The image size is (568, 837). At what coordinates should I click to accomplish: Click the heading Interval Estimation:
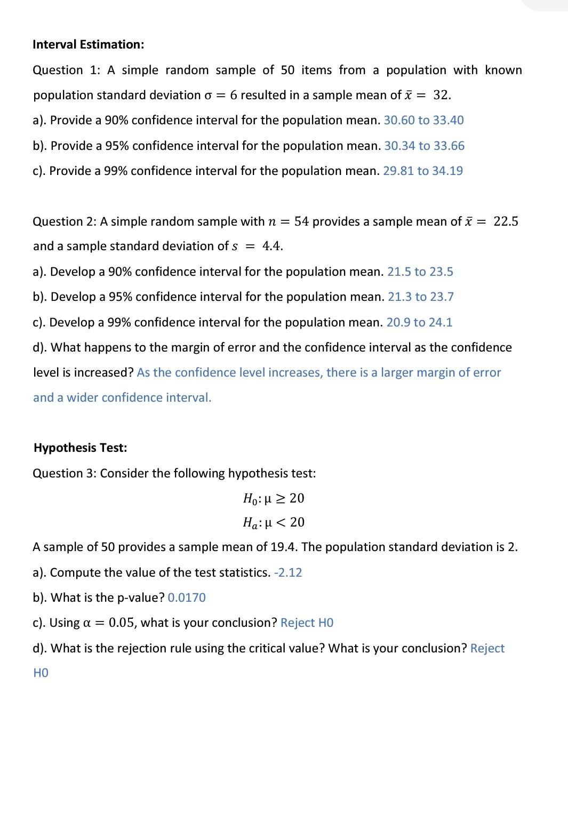88,44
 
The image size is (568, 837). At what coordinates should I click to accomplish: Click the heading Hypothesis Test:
80,448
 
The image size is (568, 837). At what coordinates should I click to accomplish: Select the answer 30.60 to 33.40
423,120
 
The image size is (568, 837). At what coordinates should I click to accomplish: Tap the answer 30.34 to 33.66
424,146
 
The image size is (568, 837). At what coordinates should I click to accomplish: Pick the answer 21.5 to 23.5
420,272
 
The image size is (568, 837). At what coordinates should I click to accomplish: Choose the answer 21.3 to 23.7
420,297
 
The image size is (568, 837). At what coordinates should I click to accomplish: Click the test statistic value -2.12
288,572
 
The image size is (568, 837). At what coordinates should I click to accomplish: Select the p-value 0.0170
187,597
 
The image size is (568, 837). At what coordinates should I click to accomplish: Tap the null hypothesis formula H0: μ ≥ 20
273,498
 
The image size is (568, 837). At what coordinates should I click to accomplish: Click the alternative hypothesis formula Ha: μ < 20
273,522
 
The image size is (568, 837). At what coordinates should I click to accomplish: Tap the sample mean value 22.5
506,221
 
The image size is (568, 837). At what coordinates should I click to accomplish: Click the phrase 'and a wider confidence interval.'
122,397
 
